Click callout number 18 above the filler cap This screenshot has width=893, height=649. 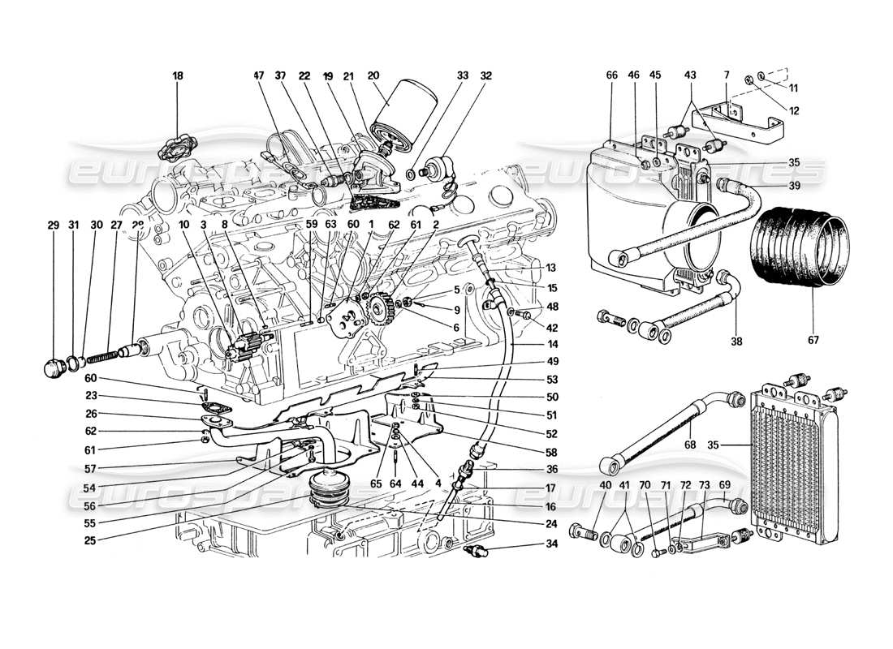[x=178, y=75]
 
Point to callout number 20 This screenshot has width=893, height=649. [x=373, y=75]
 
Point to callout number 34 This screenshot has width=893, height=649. [x=507, y=544]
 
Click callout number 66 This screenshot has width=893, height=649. [x=612, y=75]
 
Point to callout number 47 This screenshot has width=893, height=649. [x=259, y=75]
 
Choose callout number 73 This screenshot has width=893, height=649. [x=703, y=484]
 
